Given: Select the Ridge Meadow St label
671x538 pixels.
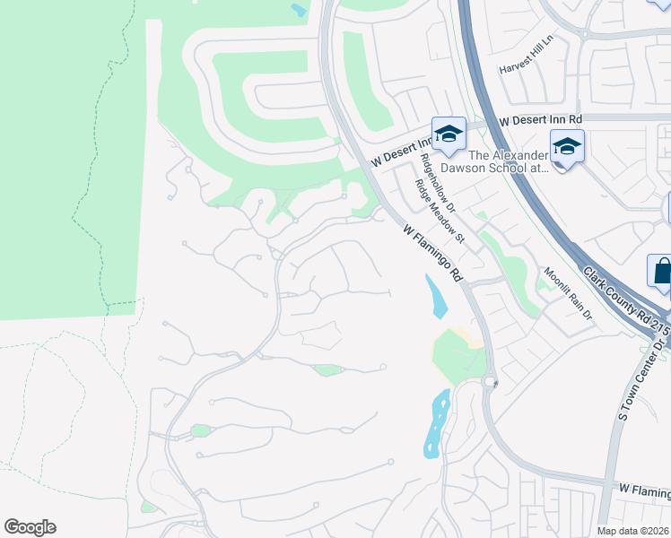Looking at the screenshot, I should (x=439, y=212).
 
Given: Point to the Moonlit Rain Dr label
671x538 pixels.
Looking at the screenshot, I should (x=568, y=292).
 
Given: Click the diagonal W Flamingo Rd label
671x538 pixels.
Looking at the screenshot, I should (x=431, y=252).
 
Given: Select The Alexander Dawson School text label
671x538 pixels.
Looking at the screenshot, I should (x=521, y=159).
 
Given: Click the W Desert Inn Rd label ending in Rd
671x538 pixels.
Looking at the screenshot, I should (x=541, y=119).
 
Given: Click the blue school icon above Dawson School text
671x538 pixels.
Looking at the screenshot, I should (x=567, y=146).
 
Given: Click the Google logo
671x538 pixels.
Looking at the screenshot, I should (x=30, y=527).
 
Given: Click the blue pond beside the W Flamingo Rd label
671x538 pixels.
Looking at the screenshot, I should (x=436, y=296).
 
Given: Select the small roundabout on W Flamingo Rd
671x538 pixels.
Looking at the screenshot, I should (x=491, y=382).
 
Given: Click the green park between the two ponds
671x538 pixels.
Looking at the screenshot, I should (x=458, y=356).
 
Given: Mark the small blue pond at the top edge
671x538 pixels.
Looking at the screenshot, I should (x=299, y=10).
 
